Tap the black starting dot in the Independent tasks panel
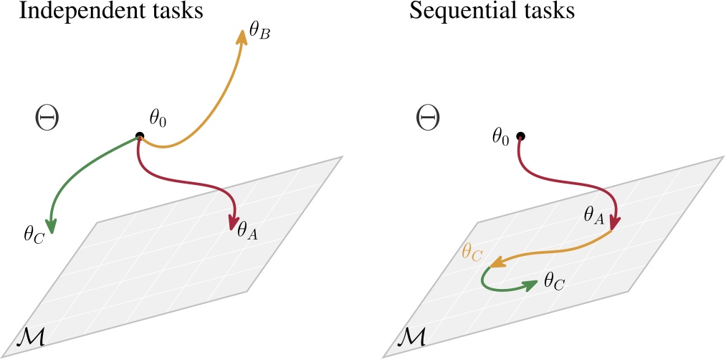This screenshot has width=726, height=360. pos(139,136)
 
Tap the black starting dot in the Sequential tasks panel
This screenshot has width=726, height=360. pos(521,136)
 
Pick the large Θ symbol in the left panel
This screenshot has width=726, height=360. pos(46,118)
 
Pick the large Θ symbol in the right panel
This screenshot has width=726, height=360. pos(428,118)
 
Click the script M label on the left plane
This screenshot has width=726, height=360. pos(32,336)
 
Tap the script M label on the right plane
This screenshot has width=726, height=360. pos(414,336)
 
